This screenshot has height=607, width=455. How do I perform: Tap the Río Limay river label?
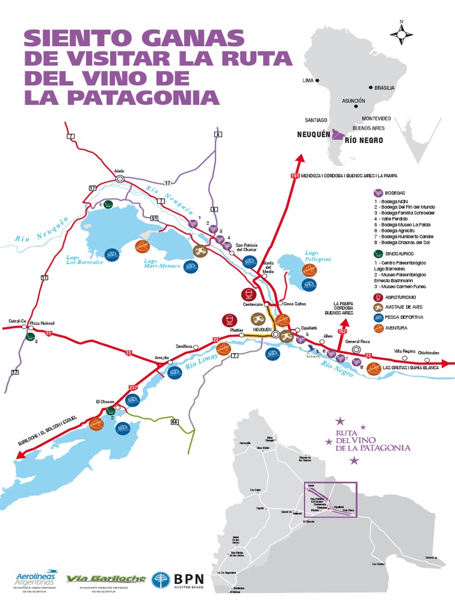click(198, 362)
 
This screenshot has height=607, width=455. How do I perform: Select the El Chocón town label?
click(104, 402)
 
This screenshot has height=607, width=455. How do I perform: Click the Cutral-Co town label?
click(18, 321)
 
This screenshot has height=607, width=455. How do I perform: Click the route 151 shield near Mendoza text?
click(295, 176)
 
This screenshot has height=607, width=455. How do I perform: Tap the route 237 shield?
click(132, 388)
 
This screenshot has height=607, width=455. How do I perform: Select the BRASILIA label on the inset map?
click(384, 88)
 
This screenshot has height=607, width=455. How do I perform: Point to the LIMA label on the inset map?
click(308, 80)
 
